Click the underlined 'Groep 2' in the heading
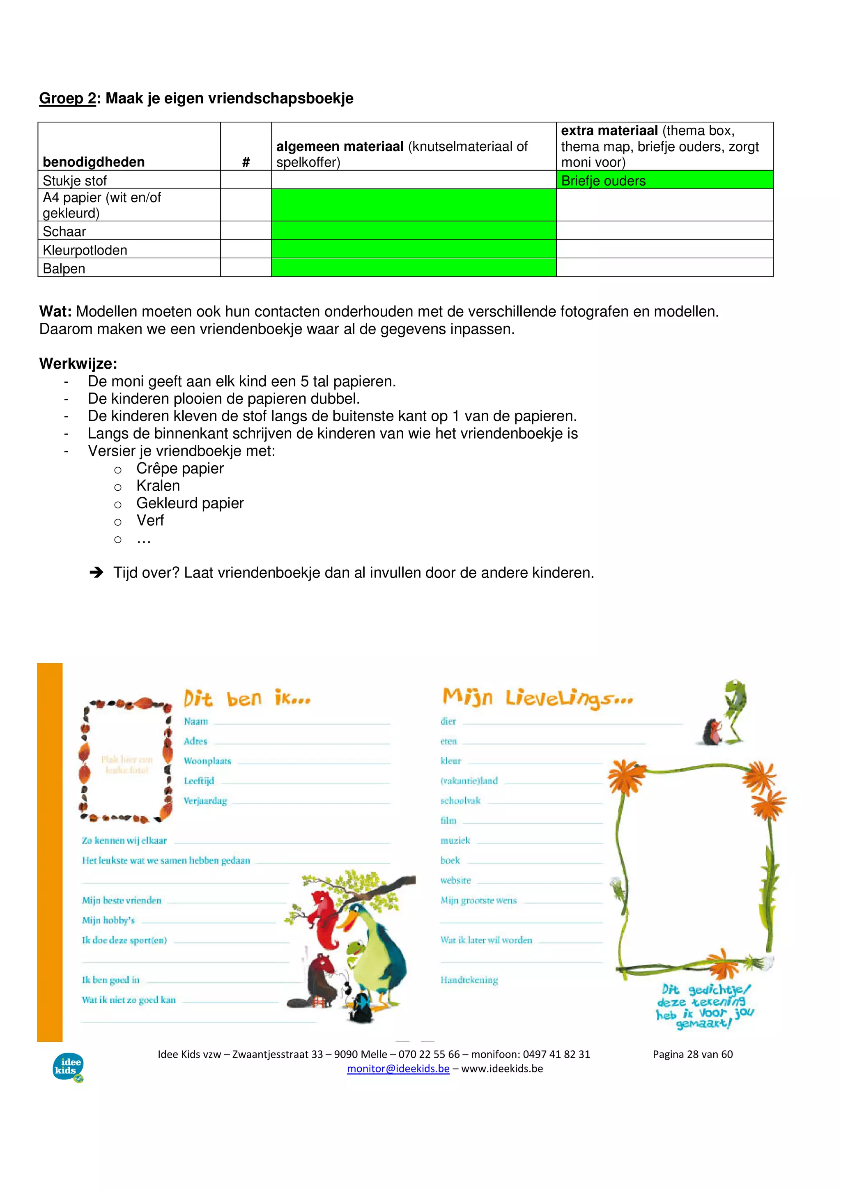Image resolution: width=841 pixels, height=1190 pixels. (x=67, y=99)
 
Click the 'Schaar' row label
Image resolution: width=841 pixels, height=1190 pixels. (x=64, y=231)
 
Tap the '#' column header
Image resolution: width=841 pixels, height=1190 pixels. (x=246, y=162)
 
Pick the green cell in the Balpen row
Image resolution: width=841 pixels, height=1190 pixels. (x=414, y=267)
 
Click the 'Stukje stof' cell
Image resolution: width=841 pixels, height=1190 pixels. (x=75, y=180)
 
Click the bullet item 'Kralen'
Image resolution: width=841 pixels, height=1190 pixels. (x=158, y=486)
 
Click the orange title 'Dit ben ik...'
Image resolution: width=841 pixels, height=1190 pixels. (x=247, y=698)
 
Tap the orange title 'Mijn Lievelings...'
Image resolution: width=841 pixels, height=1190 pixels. (x=538, y=698)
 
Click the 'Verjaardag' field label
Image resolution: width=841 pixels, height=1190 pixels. (x=205, y=801)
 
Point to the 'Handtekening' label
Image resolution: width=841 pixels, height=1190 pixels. (x=469, y=980)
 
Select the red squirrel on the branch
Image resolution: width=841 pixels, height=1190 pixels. (x=322, y=910)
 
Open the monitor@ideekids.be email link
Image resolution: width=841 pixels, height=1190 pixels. (x=398, y=1069)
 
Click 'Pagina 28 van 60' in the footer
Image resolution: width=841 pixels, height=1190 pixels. (x=692, y=1054)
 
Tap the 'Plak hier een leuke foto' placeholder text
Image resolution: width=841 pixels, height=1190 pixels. (x=127, y=765)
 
